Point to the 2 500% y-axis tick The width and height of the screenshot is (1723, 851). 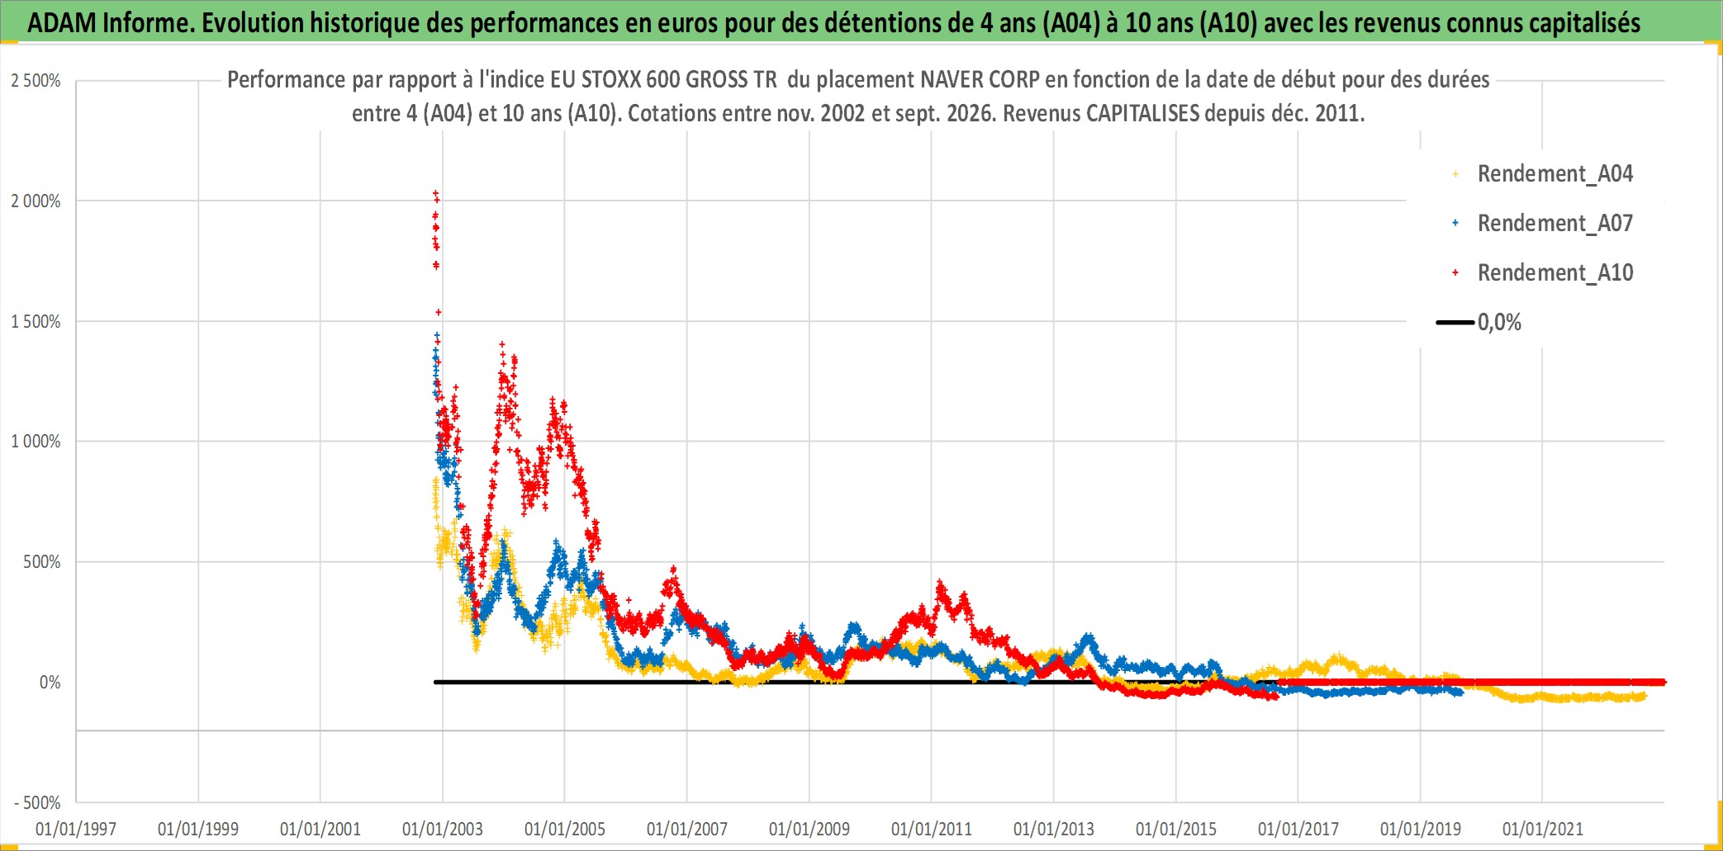pos(36,81)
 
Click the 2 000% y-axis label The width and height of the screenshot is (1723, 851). pos(36,201)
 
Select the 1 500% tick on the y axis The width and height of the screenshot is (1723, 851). pos(36,322)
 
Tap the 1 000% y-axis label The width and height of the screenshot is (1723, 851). pos(36,442)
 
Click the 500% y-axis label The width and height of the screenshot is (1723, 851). pos(41,562)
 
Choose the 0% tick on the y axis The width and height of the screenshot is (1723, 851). pos(50,683)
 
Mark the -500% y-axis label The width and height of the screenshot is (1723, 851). pos(37,803)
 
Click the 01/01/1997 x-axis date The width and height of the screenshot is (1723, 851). pos(76,829)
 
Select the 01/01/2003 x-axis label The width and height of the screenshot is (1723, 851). pos(443,829)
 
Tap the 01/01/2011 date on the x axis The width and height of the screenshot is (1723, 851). pos(932,829)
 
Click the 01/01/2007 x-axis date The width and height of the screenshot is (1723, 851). pos(687,829)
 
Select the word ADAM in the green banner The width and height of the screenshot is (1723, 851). pos(62,23)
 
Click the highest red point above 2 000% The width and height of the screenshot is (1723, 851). pos(435,193)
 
